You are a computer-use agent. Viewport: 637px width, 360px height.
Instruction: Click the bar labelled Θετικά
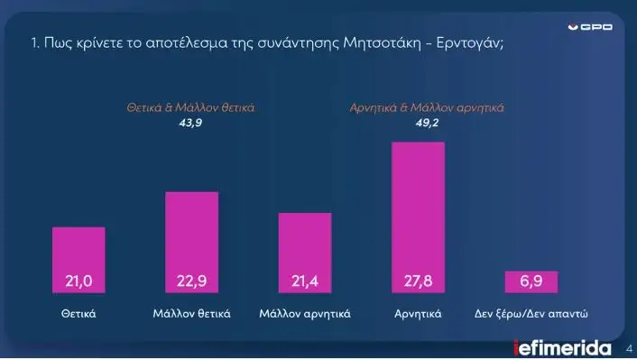click(78, 260)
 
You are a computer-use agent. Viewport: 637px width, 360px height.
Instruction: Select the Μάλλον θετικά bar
click(192, 242)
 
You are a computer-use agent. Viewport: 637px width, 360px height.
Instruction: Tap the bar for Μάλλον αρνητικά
click(305, 253)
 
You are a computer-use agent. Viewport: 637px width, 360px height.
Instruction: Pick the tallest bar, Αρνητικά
click(418, 217)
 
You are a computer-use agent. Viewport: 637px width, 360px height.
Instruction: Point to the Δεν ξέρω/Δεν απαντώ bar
click(531, 282)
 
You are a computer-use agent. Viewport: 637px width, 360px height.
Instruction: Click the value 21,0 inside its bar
click(78, 282)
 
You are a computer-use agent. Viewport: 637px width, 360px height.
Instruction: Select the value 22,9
click(192, 282)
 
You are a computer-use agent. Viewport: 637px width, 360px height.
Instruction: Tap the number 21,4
click(305, 282)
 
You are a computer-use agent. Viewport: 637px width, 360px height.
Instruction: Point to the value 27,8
click(418, 282)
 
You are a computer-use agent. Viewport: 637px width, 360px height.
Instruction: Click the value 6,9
click(531, 282)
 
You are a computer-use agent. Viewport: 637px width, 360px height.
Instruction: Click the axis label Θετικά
click(78, 314)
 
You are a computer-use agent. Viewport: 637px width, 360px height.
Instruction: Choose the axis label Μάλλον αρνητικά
click(305, 314)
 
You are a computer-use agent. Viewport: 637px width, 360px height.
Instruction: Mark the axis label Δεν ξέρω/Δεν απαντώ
click(531, 314)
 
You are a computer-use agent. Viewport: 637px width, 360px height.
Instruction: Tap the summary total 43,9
click(190, 122)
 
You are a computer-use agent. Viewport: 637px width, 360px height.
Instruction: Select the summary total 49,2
click(426, 122)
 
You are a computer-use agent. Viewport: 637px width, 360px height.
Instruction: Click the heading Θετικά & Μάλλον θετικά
click(190, 107)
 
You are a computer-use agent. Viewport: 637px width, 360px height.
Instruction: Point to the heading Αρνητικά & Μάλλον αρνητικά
click(426, 107)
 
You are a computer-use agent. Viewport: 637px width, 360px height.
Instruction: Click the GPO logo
click(595, 27)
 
